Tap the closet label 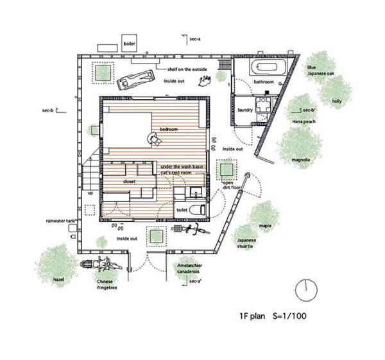130,182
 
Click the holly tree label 336,102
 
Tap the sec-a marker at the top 196,40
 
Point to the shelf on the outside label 189,69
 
